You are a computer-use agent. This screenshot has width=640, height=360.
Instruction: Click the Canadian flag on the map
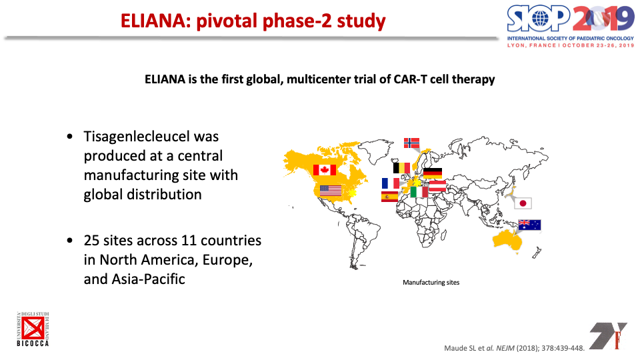click(325, 170)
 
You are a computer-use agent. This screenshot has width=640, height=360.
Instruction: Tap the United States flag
click(331, 191)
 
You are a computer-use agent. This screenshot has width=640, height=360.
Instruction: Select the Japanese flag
click(523, 203)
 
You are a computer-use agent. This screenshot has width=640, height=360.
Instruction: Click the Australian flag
click(529, 225)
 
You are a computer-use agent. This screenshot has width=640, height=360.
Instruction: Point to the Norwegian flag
click(411, 143)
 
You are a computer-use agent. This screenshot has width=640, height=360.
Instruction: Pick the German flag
click(433, 173)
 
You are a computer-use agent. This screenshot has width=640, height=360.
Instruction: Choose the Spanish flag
click(389, 197)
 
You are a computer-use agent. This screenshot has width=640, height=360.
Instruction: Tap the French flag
click(391, 183)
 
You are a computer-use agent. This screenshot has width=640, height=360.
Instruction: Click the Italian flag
click(419, 192)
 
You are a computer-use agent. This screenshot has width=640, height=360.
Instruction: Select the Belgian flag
click(401, 168)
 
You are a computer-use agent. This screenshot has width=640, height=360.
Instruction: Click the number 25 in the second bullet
click(91, 241)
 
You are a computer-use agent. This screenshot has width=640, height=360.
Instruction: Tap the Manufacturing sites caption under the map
click(431, 283)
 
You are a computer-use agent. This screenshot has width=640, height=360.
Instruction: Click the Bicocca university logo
click(33, 329)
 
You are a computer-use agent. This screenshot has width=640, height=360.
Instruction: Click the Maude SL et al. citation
click(514, 348)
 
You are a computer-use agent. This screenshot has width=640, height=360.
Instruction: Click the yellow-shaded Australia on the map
click(507, 240)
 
